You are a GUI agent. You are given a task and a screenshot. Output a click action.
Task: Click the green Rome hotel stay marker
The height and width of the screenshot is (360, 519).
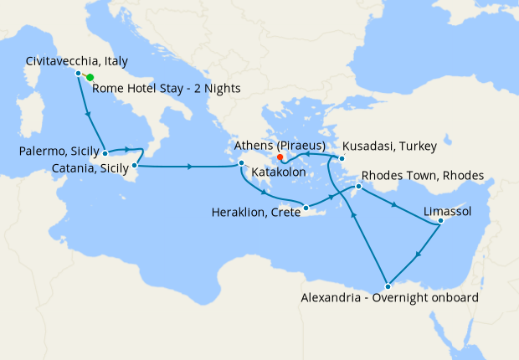(90, 78)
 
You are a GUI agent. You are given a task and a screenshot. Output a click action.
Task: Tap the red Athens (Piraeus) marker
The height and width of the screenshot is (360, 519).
(281, 155)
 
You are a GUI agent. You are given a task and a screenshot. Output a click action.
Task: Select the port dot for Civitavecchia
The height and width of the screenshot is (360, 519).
(78, 74)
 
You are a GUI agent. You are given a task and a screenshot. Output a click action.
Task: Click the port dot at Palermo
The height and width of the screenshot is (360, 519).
(105, 154)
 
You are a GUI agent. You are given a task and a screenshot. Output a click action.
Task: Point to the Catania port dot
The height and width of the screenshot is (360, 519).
(135, 166)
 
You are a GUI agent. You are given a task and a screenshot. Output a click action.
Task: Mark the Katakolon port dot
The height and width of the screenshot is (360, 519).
(241, 163)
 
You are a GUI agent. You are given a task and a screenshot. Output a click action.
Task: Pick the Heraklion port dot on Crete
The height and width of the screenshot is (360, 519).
(306, 208)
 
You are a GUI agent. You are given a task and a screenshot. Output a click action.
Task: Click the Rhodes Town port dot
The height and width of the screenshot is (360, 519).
(358, 186)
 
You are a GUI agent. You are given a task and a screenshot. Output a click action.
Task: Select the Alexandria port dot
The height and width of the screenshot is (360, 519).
(387, 287)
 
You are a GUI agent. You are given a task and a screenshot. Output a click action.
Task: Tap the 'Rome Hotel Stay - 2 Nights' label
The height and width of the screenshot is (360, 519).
(167, 88)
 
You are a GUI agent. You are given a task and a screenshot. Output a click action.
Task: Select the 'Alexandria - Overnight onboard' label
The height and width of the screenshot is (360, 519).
(388, 298)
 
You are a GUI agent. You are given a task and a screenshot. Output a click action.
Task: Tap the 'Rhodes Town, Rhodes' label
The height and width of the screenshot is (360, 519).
(423, 177)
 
